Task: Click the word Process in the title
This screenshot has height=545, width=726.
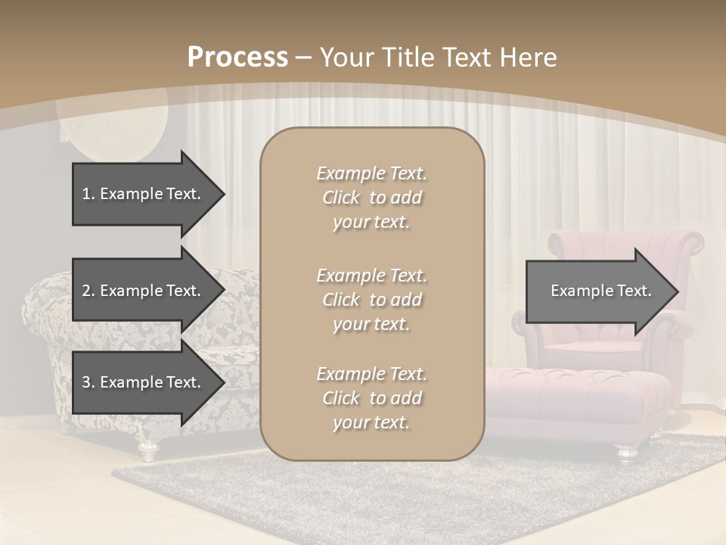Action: [237, 58]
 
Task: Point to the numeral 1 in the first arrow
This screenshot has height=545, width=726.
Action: [86, 194]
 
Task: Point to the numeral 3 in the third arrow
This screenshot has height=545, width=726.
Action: [86, 382]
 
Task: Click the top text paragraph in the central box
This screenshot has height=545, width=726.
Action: [371, 198]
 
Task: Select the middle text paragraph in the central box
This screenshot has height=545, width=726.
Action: [371, 300]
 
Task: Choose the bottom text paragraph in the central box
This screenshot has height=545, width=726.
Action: [371, 398]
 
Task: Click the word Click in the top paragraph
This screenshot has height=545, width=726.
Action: [341, 198]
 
